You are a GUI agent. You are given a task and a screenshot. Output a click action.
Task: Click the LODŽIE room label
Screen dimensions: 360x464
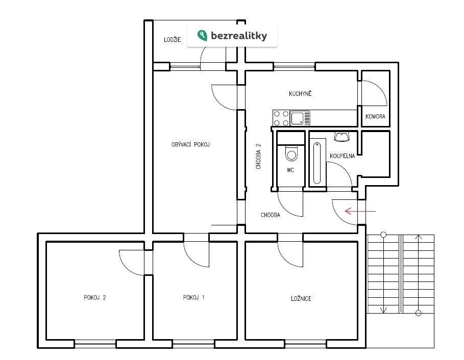click(x=172, y=40)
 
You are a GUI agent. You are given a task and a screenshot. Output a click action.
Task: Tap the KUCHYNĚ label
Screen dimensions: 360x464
click(x=300, y=94)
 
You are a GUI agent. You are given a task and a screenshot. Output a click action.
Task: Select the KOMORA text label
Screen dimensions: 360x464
click(x=375, y=117)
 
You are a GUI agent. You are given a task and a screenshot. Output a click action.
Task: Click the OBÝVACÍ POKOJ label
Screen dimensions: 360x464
click(x=190, y=145)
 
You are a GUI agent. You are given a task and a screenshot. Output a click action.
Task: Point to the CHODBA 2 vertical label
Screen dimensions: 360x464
click(x=259, y=156)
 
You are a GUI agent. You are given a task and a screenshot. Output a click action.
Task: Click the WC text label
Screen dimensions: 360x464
click(x=290, y=170)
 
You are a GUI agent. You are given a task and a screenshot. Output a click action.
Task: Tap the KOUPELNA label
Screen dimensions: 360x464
click(x=342, y=156)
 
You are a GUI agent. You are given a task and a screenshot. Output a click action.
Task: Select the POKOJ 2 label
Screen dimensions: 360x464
click(x=95, y=298)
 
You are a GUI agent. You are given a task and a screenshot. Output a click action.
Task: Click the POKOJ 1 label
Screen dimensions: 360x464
click(x=193, y=298)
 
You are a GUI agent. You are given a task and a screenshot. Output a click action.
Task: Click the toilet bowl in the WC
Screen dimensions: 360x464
click(x=291, y=153)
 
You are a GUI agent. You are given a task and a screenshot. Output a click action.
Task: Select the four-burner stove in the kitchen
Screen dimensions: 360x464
click(x=281, y=118)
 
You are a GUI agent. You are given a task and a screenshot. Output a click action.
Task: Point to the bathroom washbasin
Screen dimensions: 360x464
click(x=340, y=136)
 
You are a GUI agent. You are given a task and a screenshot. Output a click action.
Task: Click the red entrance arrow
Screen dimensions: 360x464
click(x=360, y=211)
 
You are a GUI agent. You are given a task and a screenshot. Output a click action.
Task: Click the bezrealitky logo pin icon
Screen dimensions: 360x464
click(x=203, y=36)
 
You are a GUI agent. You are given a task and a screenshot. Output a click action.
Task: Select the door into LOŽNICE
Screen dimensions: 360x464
click(x=290, y=252)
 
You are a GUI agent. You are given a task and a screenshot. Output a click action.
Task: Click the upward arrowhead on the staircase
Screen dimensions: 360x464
click(x=419, y=237)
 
